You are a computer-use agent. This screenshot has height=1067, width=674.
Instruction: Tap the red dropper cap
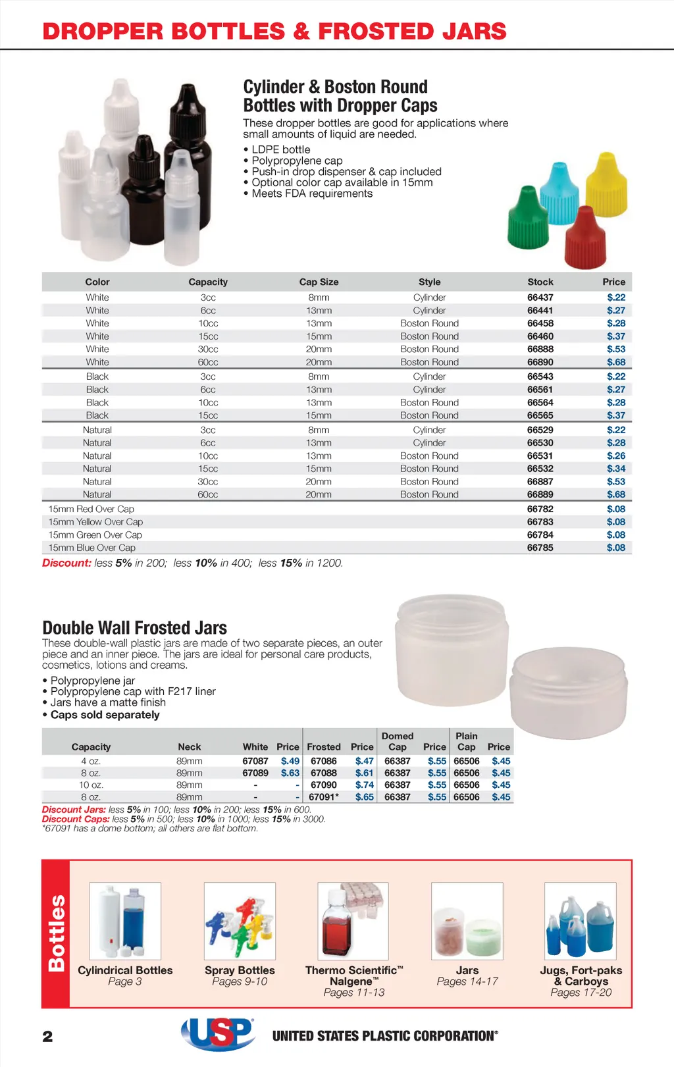[584, 238]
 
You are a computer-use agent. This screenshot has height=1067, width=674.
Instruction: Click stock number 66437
[540, 298]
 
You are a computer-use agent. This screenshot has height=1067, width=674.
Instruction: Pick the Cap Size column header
[319, 282]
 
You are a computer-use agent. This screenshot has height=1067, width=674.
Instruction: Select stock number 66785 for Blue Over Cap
[540, 548]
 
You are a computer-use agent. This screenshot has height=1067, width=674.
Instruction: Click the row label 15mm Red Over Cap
[91, 509]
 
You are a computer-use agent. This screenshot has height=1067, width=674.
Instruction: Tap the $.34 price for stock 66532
[616, 469]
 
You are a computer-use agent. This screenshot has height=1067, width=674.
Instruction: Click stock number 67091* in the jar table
[324, 797]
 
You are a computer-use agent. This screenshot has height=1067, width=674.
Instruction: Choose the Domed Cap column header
[398, 741]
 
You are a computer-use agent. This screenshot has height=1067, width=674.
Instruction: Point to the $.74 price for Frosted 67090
[364, 785]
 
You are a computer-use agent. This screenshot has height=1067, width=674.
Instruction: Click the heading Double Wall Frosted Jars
[134, 628]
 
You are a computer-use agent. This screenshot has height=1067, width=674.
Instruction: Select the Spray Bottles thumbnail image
[240, 921]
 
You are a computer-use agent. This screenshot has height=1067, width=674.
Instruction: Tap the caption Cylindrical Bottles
[125, 970]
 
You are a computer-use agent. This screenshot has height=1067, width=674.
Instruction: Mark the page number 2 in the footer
[47, 1037]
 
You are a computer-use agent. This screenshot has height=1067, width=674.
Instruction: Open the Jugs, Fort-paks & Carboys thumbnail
[581, 921]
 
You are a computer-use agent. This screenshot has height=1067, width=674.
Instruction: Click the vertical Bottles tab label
[57, 933]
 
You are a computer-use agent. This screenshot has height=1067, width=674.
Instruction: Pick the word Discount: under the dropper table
[66, 563]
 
